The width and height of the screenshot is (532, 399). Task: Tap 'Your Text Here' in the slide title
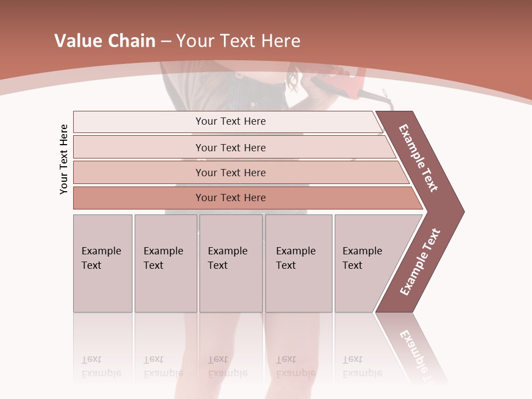pos(238,41)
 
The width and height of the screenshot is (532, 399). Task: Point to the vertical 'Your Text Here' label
pos(64,159)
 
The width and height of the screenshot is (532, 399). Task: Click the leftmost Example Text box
pos(103,263)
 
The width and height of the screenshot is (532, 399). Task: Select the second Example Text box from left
pos(166,263)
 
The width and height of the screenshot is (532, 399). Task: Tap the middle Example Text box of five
pos(231,263)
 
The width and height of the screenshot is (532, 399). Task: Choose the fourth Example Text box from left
pos(299,263)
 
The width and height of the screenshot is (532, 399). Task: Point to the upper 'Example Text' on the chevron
pos(418,158)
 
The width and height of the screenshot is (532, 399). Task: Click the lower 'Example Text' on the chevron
pos(420,262)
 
